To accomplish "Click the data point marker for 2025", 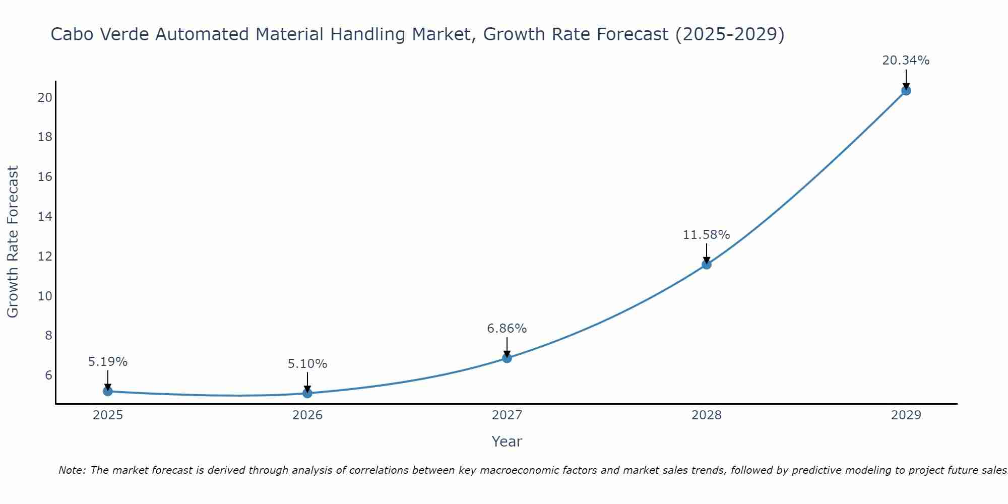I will coord(108,391).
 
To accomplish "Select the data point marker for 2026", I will coord(307,393).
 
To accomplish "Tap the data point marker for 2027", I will coord(507,358).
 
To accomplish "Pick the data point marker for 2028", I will coord(707,264).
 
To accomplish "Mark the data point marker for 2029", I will coord(906,91).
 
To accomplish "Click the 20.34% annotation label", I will coord(906,60).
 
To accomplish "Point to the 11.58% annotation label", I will coord(706,235).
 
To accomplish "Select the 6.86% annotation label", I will coord(507,329).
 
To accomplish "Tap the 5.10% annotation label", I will coord(307,364).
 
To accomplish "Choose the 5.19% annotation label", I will coord(108,362).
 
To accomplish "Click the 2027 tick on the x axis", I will coord(507,415).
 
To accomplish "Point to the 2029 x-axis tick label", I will coord(906,415).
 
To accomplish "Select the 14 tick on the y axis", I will coord(45,217).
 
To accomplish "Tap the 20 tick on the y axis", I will coord(45,98).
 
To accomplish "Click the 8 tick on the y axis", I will coord(48,336).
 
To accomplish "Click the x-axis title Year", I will coord(507,442).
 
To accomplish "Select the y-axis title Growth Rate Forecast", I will coord(13,242).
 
